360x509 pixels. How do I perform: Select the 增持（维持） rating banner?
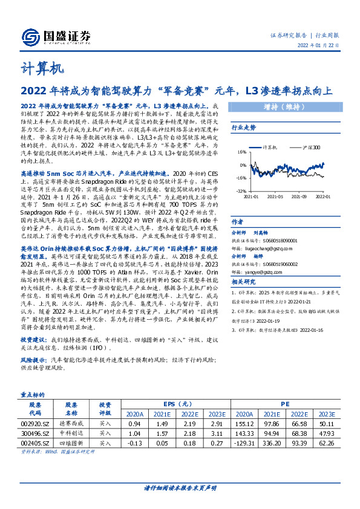tap(284, 108)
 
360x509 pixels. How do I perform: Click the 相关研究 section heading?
tap(244, 282)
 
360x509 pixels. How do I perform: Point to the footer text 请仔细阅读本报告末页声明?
tap(180, 488)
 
